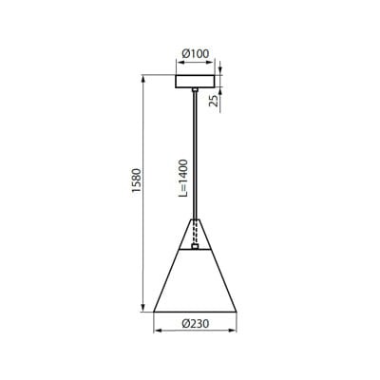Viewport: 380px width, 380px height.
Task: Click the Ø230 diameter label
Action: tap(195, 324)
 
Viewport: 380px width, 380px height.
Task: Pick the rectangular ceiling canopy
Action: tap(195, 80)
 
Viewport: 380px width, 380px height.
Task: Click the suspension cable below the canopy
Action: tap(195, 152)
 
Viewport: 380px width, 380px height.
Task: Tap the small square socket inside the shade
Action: tap(195, 247)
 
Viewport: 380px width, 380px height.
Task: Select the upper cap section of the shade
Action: tap(195, 233)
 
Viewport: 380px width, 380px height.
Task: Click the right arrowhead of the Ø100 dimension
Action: tap(213, 65)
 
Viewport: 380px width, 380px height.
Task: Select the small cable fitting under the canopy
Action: tap(195, 91)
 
